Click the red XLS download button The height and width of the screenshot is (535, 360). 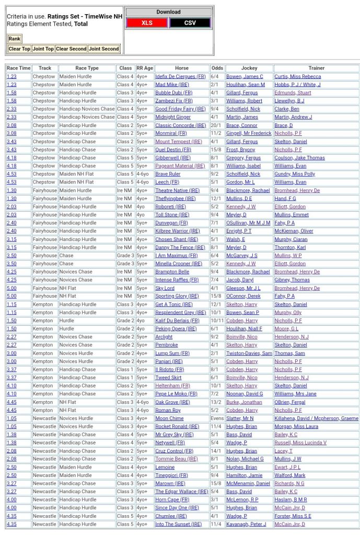pos(147,23)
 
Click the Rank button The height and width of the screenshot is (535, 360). pos(14,39)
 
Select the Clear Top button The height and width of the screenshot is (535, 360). pos(19,49)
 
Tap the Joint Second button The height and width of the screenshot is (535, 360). pos(103,49)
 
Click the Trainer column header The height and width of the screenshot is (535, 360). pos(316,68)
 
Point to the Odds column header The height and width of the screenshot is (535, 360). pos(217,68)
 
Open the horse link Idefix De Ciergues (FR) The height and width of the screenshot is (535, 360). pos(180,76)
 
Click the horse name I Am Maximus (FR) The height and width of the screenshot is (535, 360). pos(177,255)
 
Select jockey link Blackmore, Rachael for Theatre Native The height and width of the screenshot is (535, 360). pos(248,190)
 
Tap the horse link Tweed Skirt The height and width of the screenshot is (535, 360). pos(168,378)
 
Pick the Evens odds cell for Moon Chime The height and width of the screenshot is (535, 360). pos(217,418)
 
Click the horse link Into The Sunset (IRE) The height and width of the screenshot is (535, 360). pos(177,524)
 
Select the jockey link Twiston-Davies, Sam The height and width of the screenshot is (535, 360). pos(249,353)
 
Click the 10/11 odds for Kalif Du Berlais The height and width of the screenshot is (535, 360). pos(217,321)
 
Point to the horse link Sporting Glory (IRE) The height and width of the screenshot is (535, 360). pos(177,296)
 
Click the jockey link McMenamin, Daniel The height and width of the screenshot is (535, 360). pos(248,483)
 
